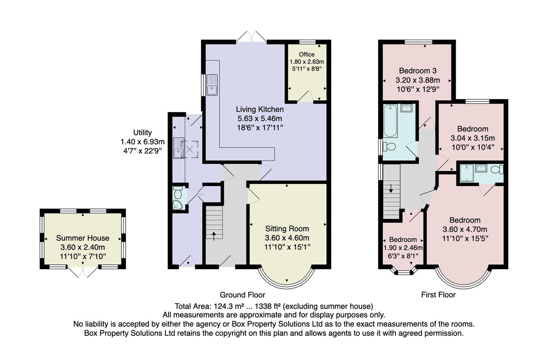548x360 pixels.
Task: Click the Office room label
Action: [x=306, y=54]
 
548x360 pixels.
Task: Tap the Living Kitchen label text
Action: [x=260, y=109]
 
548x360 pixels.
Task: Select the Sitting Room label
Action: [x=287, y=229]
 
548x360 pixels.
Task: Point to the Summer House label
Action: [x=83, y=238]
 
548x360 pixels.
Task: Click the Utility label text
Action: [x=142, y=132]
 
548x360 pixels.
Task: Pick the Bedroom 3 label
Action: [x=417, y=71]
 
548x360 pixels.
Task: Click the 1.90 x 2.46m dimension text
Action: [x=403, y=248]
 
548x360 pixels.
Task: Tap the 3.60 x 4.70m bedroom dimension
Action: [x=465, y=229]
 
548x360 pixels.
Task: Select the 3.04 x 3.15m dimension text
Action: [x=473, y=138]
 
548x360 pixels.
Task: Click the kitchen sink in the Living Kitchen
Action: [x=212, y=84]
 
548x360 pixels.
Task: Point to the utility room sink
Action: [x=179, y=148]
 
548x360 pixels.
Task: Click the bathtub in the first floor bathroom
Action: [x=390, y=121]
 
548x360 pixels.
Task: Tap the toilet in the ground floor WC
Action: [x=177, y=193]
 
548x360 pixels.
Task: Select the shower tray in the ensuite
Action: [x=467, y=173]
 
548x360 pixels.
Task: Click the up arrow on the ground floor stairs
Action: [x=214, y=236]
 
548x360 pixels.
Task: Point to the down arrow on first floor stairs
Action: [x=391, y=188]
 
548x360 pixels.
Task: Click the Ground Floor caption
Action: [x=242, y=295]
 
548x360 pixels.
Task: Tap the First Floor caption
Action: [x=438, y=295]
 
